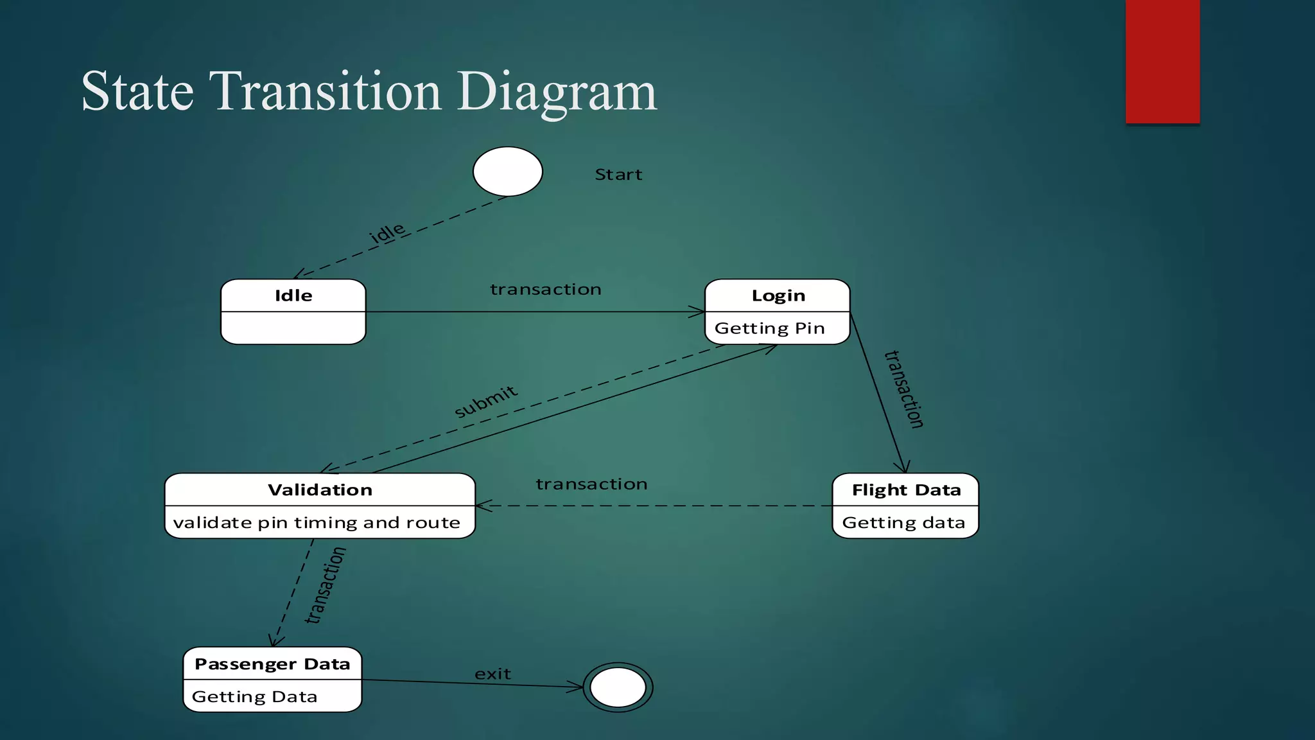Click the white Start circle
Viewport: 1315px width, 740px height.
(x=507, y=172)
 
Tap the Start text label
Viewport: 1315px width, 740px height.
(x=618, y=175)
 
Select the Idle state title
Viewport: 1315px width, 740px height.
(x=293, y=295)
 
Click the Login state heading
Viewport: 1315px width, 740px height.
(x=778, y=295)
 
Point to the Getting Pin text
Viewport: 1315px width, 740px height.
(x=769, y=328)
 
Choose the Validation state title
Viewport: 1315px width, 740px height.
(x=320, y=490)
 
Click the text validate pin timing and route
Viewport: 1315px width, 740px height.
(x=317, y=523)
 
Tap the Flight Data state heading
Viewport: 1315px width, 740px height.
(x=906, y=490)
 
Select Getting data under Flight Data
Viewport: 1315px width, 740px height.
(x=903, y=523)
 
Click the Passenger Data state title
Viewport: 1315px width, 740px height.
(x=272, y=664)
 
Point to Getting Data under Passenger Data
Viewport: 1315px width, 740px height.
(x=254, y=697)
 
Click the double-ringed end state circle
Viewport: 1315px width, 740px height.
(x=618, y=687)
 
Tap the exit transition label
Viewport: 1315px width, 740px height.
(x=492, y=674)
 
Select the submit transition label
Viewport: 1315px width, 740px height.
(x=485, y=401)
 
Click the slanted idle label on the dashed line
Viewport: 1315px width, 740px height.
(x=387, y=233)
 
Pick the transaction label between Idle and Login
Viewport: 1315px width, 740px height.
(x=546, y=290)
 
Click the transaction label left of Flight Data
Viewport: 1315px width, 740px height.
(x=591, y=484)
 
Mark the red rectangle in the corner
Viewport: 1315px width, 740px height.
(x=1162, y=61)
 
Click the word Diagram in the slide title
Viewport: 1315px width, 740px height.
(x=557, y=91)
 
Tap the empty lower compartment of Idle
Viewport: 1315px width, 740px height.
(x=293, y=328)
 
